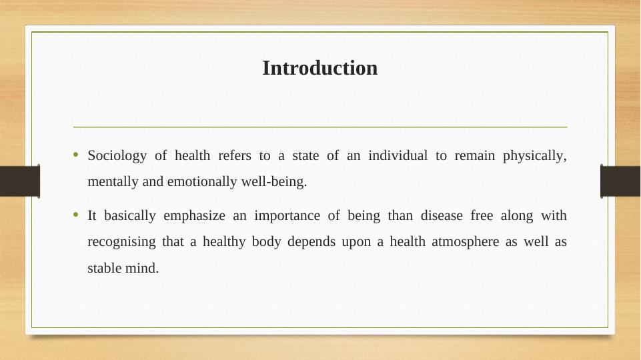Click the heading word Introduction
pos(319,68)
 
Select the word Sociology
pos(117,156)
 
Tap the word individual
pos(398,155)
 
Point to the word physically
pos(534,156)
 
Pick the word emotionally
pos(202,182)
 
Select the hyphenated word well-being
pos(274,182)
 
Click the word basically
pos(130,216)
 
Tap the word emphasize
pos(194,216)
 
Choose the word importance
pos(287,216)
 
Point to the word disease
pos(442,215)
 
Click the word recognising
pos(121,242)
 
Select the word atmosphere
pos(465,242)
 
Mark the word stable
pos(104,268)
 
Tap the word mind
pos(142,268)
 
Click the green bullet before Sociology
pos(75,155)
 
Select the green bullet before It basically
pos(75,215)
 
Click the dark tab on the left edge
pos(20,181)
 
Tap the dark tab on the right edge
pos(620,181)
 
